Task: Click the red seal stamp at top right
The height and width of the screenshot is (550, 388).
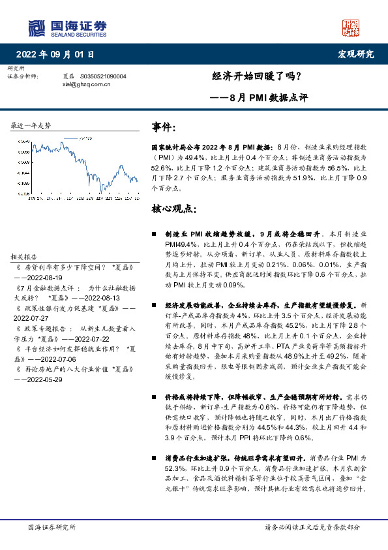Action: point(351,27)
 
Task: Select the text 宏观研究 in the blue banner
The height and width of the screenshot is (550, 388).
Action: point(355,54)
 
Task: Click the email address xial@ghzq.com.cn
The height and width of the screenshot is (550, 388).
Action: point(86,84)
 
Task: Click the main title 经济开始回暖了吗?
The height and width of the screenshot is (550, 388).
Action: point(257,75)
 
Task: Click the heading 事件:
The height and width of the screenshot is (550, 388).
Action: point(164,127)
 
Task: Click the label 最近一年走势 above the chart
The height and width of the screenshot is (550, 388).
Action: point(31,125)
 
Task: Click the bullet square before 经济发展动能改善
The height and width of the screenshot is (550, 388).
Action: point(153,305)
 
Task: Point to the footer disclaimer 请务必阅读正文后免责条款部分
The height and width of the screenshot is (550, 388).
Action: point(312,527)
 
